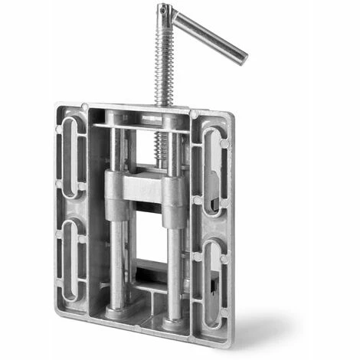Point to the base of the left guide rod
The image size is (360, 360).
(x=116, y=310)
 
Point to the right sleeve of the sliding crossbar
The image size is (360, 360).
(x=175, y=201)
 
